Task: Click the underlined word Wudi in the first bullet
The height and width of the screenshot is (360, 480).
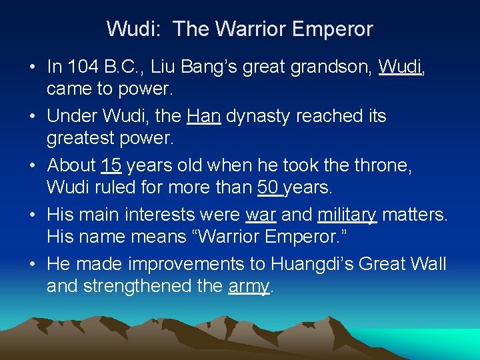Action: (x=401, y=67)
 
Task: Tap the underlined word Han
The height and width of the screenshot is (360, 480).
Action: (x=204, y=116)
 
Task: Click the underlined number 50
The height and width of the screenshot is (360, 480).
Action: (x=269, y=188)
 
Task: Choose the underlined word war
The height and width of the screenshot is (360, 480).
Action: (x=261, y=215)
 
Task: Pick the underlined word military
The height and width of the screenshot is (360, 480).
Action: (x=347, y=215)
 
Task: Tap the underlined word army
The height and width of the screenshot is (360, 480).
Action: (x=249, y=287)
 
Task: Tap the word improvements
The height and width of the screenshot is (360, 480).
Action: (x=186, y=264)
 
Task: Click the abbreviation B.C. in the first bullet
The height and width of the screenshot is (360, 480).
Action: (x=121, y=67)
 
